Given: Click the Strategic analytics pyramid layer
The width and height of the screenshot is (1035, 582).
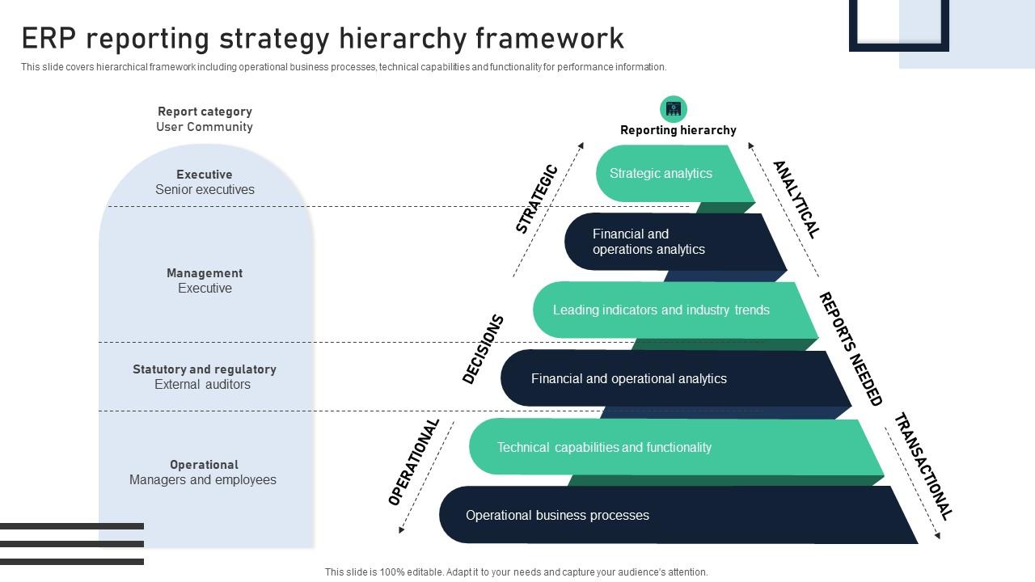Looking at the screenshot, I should click(x=663, y=174).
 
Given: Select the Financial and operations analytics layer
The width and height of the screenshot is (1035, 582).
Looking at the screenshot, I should click(x=663, y=242).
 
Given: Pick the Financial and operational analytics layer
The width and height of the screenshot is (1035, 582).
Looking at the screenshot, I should click(x=647, y=378).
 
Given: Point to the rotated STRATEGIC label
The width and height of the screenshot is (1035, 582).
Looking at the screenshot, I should click(x=537, y=199).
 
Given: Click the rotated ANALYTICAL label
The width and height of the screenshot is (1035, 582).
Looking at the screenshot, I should click(x=796, y=199).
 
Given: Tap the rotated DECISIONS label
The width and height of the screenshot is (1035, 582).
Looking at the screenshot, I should click(x=483, y=349).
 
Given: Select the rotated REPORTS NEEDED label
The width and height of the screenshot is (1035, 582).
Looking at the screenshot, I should click(x=850, y=348).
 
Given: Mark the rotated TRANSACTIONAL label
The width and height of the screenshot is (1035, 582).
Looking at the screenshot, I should click(x=923, y=466).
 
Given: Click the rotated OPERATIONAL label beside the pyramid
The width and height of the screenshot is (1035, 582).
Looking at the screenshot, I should click(x=413, y=462).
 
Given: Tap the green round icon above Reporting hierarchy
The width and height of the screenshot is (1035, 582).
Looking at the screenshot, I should click(x=674, y=109).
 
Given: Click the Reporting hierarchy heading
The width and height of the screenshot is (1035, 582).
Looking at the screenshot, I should click(x=678, y=130).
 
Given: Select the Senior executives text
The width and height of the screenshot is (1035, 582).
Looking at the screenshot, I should click(x=205, y=190).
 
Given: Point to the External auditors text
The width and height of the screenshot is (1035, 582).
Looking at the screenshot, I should click(x=202, y=385).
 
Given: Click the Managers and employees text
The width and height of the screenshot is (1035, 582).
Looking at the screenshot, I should click(x=203, y=480).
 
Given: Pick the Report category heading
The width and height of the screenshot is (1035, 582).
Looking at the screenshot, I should click(x=205, y=112).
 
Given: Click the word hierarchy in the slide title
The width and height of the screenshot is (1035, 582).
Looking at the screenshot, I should click(x=402, y=38).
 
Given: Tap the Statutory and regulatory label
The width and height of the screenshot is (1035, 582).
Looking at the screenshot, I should click(x=205, y=369).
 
